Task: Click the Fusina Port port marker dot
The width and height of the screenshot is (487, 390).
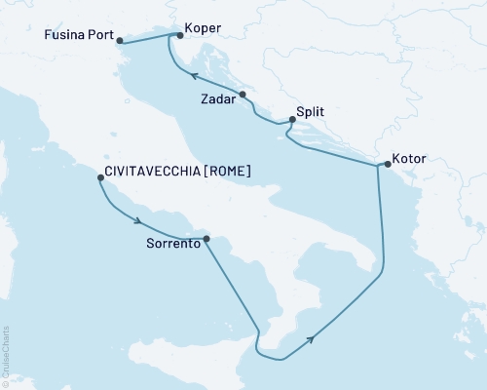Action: pos(119,41)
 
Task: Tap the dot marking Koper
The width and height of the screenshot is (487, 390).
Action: pos(176,35)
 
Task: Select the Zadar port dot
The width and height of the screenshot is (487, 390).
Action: pos(243,95)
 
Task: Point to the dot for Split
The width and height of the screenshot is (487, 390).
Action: pos(291,120)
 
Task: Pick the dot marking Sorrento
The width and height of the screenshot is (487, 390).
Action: pos(206,238)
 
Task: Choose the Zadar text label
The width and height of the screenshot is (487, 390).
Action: pos(216,99)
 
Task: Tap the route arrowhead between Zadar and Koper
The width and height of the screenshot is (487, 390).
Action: pos(194,76)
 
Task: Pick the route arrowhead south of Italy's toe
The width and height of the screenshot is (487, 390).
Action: pos(311,339)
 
